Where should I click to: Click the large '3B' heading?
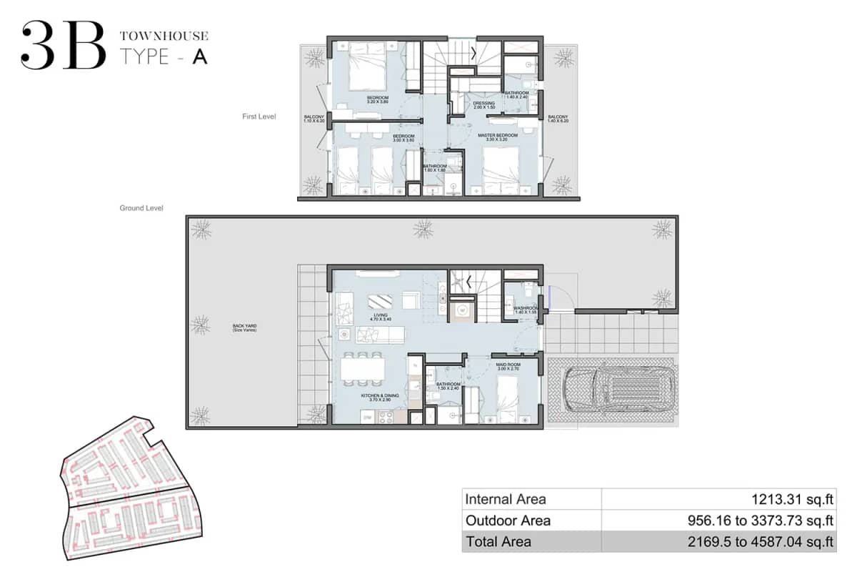(x=63, y=46)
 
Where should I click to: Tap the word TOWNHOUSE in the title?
(x=164, y=35)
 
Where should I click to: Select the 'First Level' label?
(x=259, y=116)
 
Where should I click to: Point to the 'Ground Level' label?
(x=141, y=208)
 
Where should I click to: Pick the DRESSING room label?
(x=483, y=104)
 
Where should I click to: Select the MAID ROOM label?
(x=508, y=365)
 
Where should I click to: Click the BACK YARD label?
(x=244, y=326)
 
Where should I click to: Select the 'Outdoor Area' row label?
(x=508, y=521)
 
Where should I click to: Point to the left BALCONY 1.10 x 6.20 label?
(x=314, y=119)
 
